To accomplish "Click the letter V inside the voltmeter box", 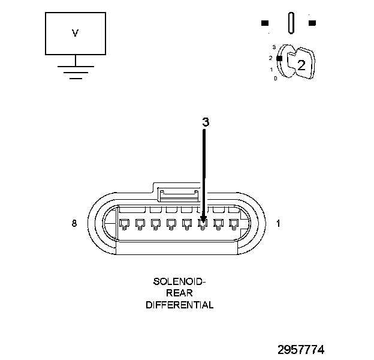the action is tap(75, 34).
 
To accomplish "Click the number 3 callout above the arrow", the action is tap(205, 122).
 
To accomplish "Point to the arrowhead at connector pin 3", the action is tap(203, 220).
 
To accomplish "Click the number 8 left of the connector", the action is tap(74, 223).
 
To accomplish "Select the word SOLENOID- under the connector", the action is tap(179, 281).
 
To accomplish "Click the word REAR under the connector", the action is tap(179, 293).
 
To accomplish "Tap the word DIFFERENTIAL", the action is tap(179, 305).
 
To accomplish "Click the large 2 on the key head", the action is tap(301, 66).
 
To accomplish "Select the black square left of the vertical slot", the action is tap(265, 23).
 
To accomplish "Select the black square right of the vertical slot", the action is tap(312, 23).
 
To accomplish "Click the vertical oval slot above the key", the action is tap(291, 23).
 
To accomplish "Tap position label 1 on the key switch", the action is tap(271, 70).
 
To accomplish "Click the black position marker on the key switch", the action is tap(279, 58).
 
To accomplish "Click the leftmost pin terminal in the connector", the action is tap(125, 224).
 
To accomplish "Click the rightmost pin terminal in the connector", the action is tap(234, 224).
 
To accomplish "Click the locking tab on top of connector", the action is tap(178, 193).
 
